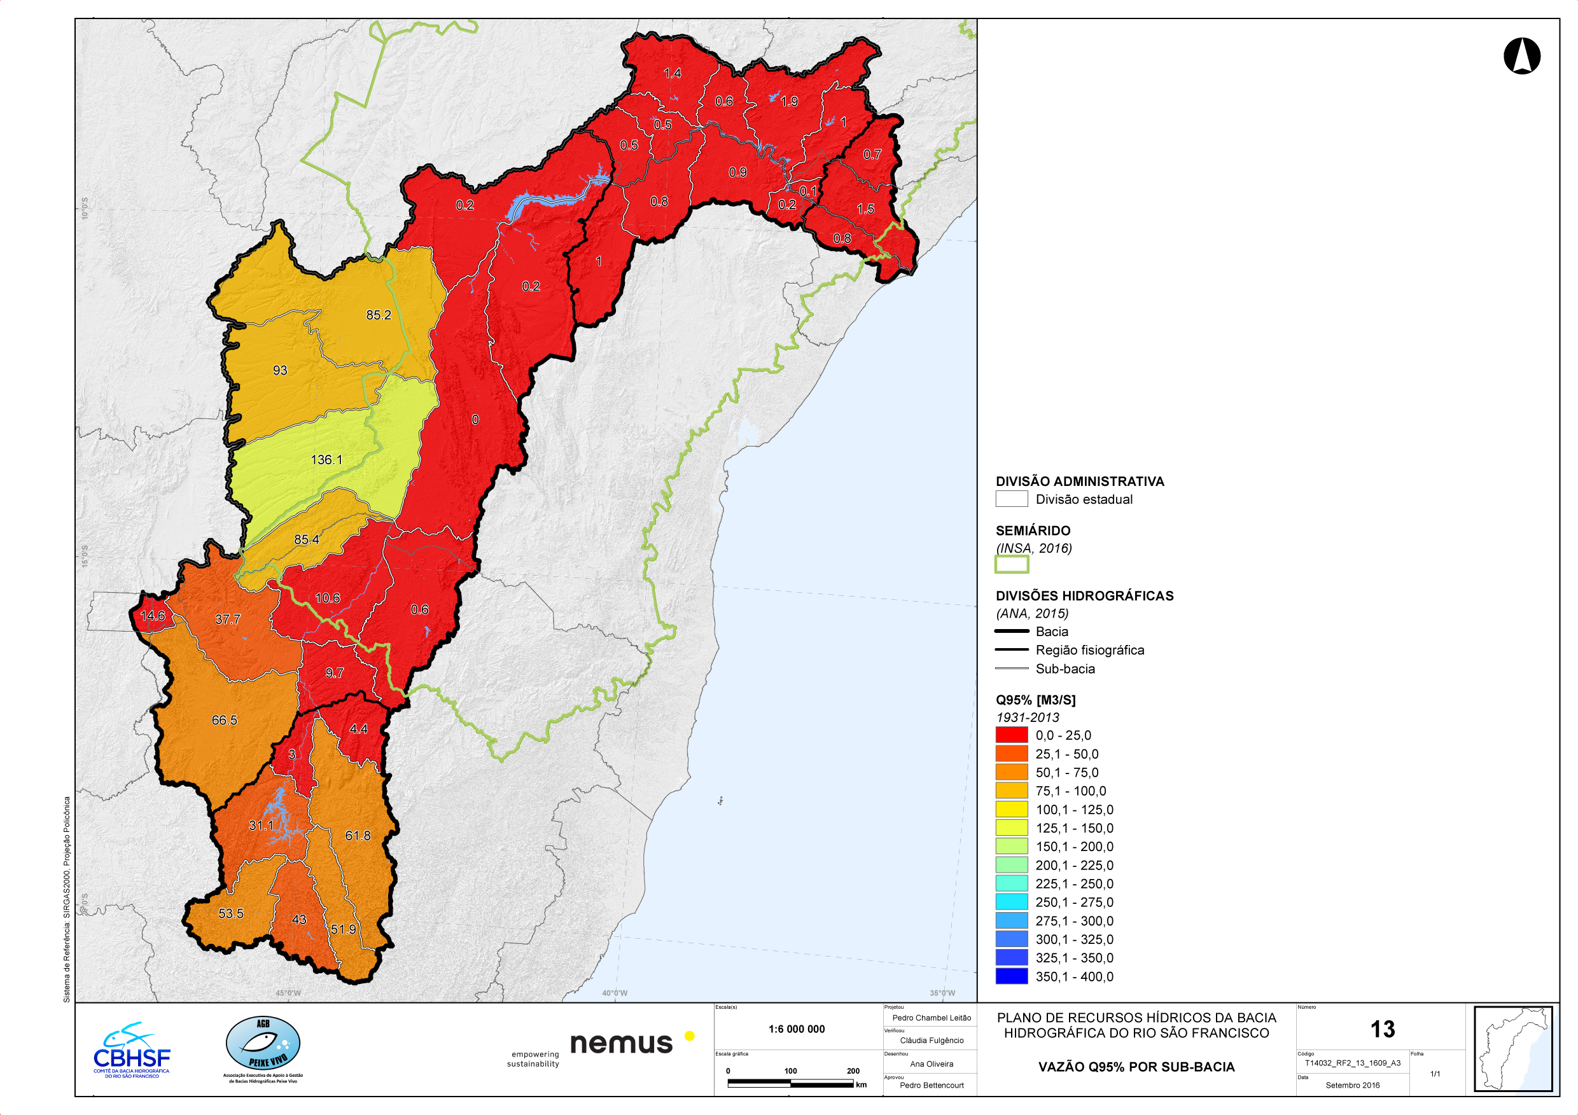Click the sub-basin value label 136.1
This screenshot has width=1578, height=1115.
click(326, 460)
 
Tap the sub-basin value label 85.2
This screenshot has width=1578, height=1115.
click(378, 315)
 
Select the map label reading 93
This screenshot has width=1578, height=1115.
click(280, 370)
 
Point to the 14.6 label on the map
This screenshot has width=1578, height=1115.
click(153, 616)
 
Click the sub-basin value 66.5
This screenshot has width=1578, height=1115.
click(224, 720)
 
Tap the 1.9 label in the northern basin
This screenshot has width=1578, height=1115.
click(789, 102)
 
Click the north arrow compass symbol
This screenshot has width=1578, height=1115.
click(1521, 55)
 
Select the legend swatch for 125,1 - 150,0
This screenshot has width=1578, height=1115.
click(1011, 828)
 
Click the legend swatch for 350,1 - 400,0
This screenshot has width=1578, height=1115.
click(1011, 976)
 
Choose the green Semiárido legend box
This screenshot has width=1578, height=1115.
click(1011, 564)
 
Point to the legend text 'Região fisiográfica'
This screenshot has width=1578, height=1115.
click(1089, 650)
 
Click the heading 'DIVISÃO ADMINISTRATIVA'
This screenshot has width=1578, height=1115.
click(1080, 481)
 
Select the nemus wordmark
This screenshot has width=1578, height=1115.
click(621, 1043)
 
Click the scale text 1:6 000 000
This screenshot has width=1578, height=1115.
click(797, 1029)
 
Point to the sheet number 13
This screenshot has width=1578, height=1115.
click(1382, 1029)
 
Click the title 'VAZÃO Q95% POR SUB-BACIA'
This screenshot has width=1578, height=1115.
click(1136, 1067)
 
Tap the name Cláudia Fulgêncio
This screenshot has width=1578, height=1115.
click(932, 1040)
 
